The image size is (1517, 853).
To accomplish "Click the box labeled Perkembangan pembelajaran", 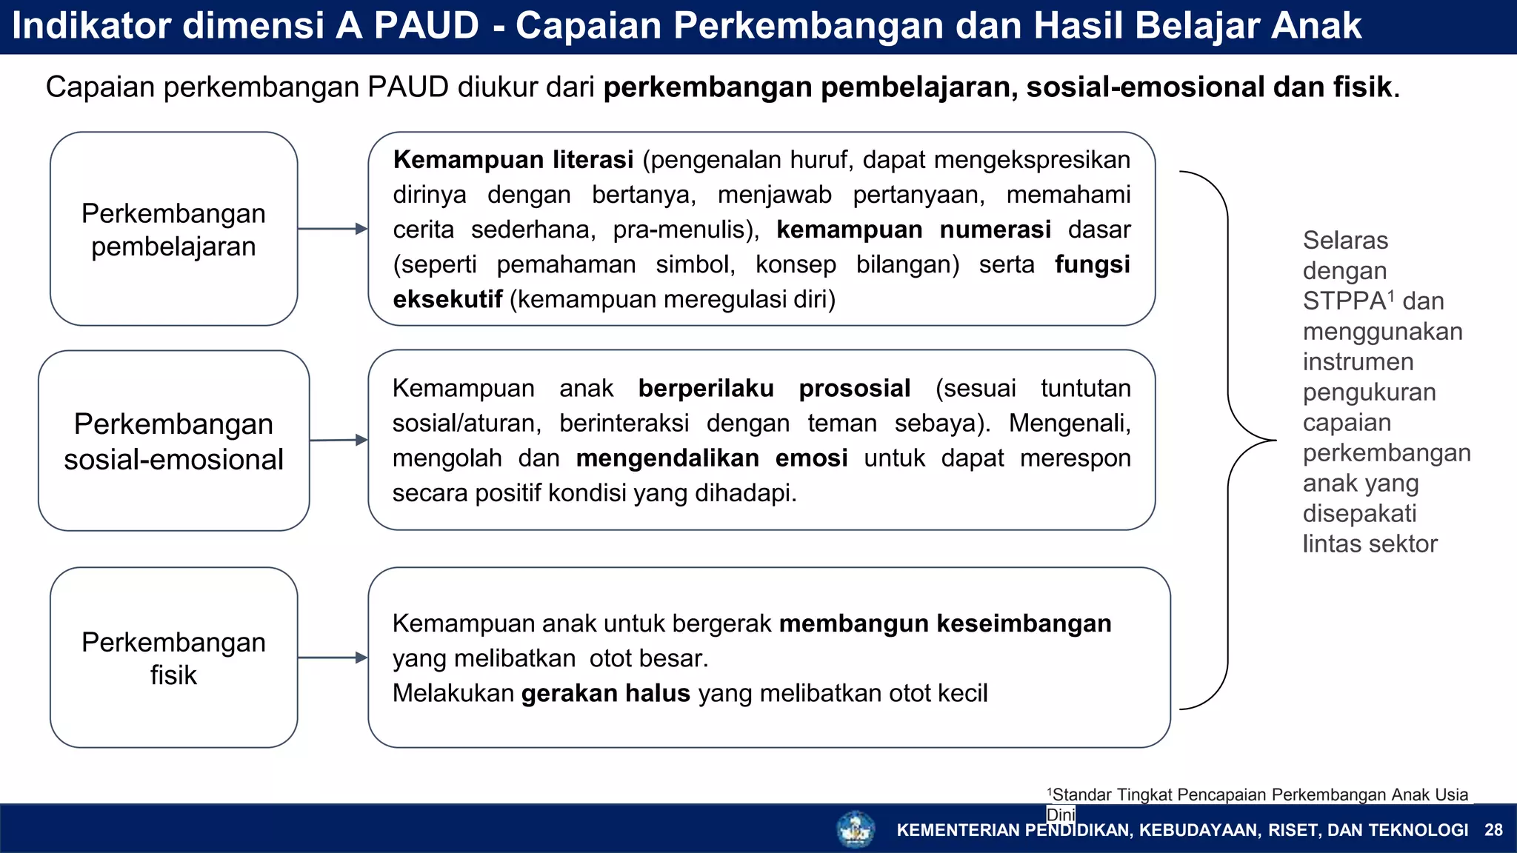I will click(173, 229).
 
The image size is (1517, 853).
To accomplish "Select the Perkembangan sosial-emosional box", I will click(173, 441).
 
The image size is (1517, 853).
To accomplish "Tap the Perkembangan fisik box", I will click(173, 658).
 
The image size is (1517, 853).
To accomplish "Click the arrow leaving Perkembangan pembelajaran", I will click(333, 229).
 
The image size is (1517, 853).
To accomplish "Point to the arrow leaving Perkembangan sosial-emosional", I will click(339, 440).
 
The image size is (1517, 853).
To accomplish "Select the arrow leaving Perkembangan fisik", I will click(333, 658).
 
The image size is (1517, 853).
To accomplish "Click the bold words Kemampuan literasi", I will click(513, 160).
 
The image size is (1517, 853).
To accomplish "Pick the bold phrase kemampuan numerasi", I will click(913, 230).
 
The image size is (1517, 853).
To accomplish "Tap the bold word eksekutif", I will click(447, 299).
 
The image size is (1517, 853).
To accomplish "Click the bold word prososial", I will click(854, 388).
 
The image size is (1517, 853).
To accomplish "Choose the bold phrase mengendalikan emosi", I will click(711, 458).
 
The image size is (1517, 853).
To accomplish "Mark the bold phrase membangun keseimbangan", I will click(945, 623).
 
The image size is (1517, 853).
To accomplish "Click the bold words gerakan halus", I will click(605, 693).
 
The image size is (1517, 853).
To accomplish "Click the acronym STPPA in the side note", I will click(1344, 301).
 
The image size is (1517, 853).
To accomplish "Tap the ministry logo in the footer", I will click(856, 829).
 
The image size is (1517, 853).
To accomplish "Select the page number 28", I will click(1493, 830).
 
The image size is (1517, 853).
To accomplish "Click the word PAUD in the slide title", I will click(426, 26).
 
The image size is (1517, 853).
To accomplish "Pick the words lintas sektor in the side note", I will click(1370, 544).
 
